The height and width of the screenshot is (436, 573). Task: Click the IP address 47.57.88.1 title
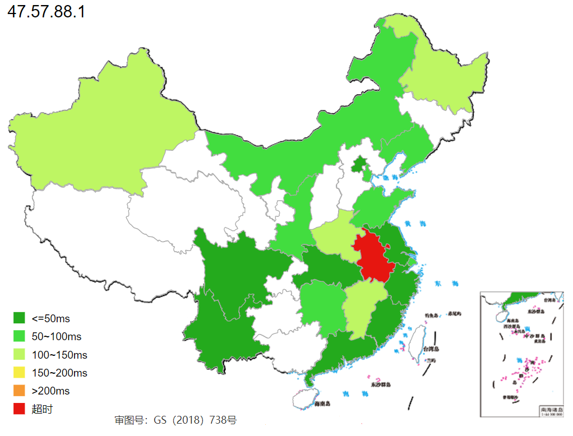[x=46, y=12]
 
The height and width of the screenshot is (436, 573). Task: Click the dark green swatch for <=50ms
[x=19, y=318]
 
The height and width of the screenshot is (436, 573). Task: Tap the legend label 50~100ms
[x=56, y=337]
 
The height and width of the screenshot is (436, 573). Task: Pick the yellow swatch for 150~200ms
[x=19, y=373]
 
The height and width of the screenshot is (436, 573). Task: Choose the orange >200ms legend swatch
[x=19, y=391]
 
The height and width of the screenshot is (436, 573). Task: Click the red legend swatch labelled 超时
[x=19, y=409]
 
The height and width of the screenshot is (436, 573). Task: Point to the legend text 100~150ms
[x=59, y=355]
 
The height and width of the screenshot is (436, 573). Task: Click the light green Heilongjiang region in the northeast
[x=443, y=78]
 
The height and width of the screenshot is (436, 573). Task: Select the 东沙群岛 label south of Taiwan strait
[x=381, y=385]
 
